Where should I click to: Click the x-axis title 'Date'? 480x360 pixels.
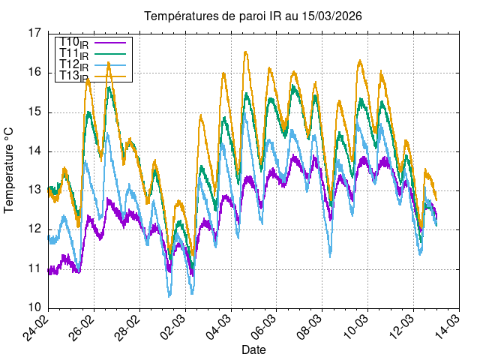tap(253, 349)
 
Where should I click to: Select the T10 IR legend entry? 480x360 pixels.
tap(74, 43)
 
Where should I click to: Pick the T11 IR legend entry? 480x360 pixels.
tap(74, 54)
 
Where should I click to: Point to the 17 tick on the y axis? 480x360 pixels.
tap(34, 33)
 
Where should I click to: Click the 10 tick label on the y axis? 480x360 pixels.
tap(34, 307)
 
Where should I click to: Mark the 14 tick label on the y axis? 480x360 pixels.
tap(34, 151)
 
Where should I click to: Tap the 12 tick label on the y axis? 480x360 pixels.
tap(34, 229)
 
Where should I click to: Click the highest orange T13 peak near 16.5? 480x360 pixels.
tap(245, 52)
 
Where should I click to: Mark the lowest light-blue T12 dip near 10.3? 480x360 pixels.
tap(169, 295)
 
